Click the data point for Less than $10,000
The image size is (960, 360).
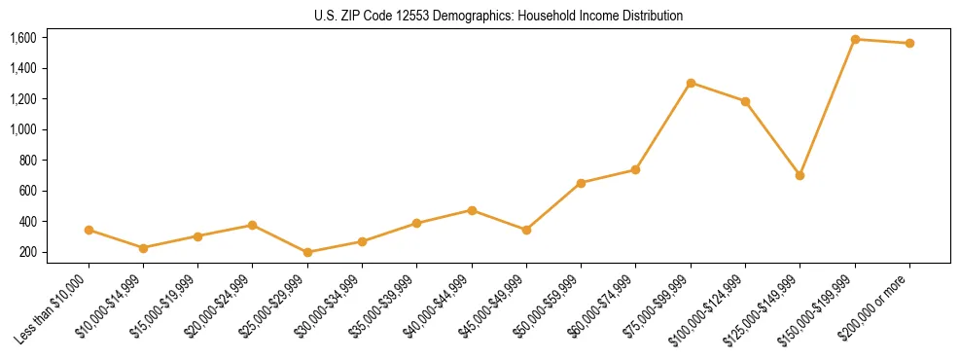89,230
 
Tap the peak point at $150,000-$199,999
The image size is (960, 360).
855,39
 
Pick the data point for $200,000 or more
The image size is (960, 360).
909,43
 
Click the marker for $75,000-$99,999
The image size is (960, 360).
691,83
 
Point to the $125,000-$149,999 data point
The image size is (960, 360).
800,175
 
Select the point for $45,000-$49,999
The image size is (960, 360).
526,230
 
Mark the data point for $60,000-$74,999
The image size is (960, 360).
635,169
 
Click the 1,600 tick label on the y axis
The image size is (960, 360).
22,38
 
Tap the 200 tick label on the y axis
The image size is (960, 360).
27,252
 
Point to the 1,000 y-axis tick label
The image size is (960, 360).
22,129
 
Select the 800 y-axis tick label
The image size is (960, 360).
27,161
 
